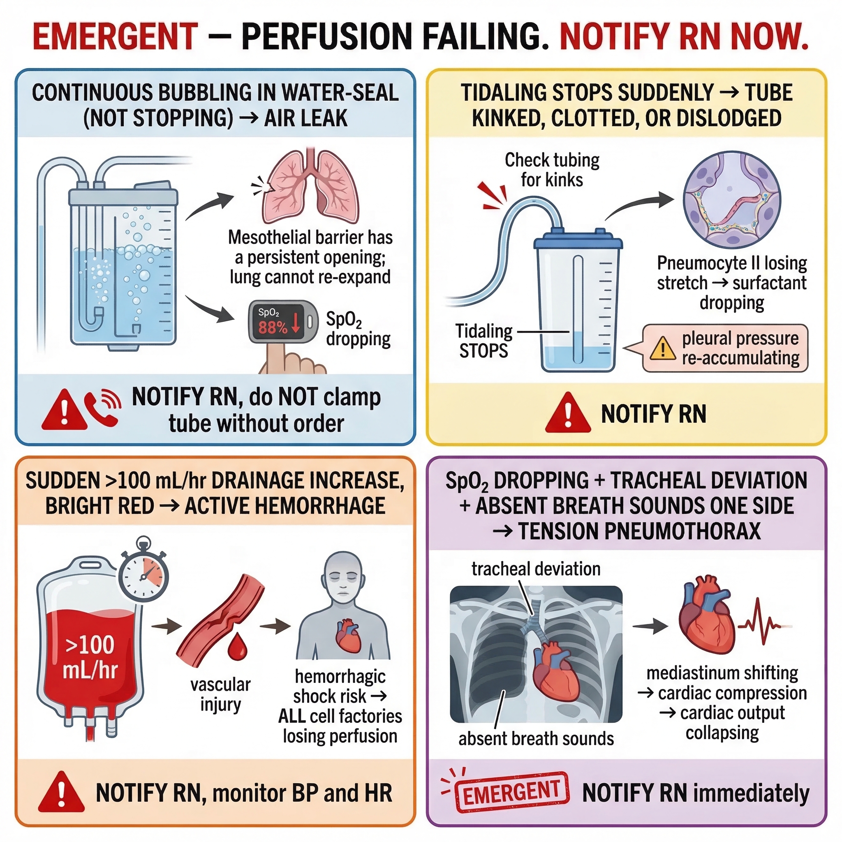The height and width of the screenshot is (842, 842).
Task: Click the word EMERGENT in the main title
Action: tap(116, 37)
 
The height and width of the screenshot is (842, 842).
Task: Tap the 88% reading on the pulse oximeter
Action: tap(273, 327)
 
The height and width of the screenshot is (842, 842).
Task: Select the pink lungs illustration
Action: tap(310, 187)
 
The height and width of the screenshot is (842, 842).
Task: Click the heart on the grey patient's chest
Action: tap(348, 636)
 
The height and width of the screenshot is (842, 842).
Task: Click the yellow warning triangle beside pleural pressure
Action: tap(662, 349)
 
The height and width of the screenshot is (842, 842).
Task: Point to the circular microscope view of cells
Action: tap(732, 200)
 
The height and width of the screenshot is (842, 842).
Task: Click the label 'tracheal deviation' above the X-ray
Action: tap(536, 569)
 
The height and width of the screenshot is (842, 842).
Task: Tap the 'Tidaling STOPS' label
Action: tap(484, 341)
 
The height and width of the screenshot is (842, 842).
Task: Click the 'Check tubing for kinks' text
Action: tap(552, 170)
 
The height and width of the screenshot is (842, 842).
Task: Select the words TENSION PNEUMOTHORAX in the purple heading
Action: tap(639, 531)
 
